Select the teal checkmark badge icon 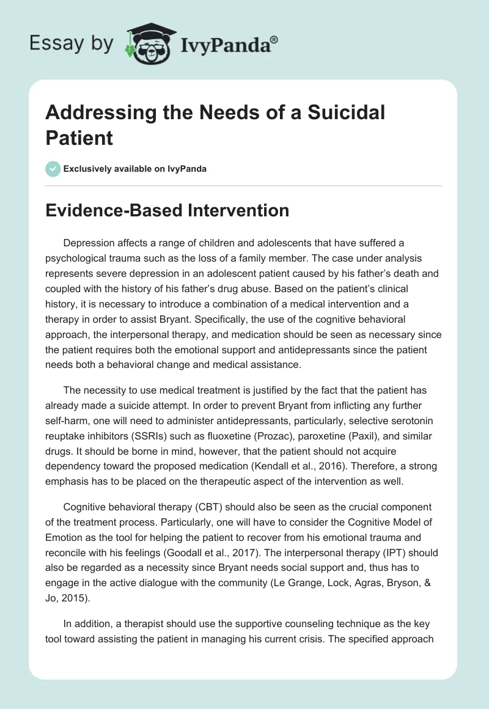53,169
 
